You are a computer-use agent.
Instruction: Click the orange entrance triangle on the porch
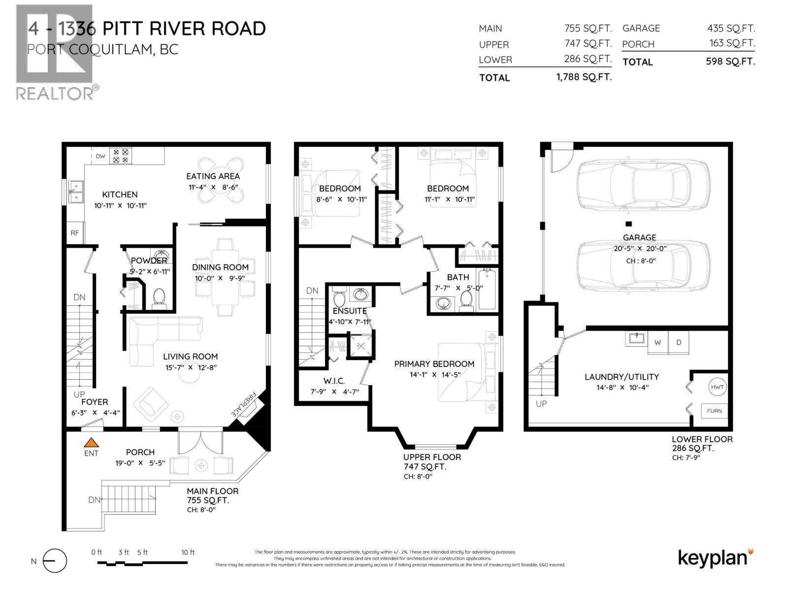click(91, 442)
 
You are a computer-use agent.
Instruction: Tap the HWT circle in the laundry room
click(717, 387)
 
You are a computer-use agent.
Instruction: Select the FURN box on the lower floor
click(714, 411)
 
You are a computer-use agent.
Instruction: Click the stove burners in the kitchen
click(121, 156)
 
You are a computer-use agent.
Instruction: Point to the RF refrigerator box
click(75, 233)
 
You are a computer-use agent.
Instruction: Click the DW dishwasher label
click(100, 157)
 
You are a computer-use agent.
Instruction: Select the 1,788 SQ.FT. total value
click(584, 77)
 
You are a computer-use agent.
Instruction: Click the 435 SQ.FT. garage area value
click(731, 29)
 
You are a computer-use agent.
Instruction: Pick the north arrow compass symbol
click(54, 561)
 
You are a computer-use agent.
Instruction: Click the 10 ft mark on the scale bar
click(188, 553)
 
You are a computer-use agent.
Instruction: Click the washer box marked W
click(657, 342)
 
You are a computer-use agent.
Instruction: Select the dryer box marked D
click(679, 342)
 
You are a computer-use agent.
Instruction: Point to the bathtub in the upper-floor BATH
click(488, 290)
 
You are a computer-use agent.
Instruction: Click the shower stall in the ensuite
click(361, 346)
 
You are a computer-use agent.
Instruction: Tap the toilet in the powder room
click(159, 297)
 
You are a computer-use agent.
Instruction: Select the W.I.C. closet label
click(334, 381)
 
